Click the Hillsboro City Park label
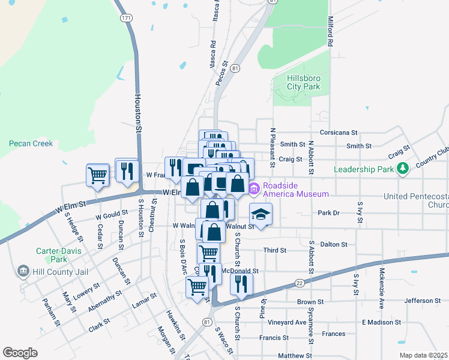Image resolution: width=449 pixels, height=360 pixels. click(303, 82)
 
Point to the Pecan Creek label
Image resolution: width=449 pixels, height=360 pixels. click(31, 143)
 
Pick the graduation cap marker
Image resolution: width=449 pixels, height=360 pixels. click(260, 214)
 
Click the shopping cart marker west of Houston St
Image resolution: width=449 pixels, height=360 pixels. click(97, 175)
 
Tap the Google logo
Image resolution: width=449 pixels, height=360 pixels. click(20, 352)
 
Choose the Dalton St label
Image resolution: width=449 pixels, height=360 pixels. click(334, 244)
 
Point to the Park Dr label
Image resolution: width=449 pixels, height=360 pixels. click(328, 213)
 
